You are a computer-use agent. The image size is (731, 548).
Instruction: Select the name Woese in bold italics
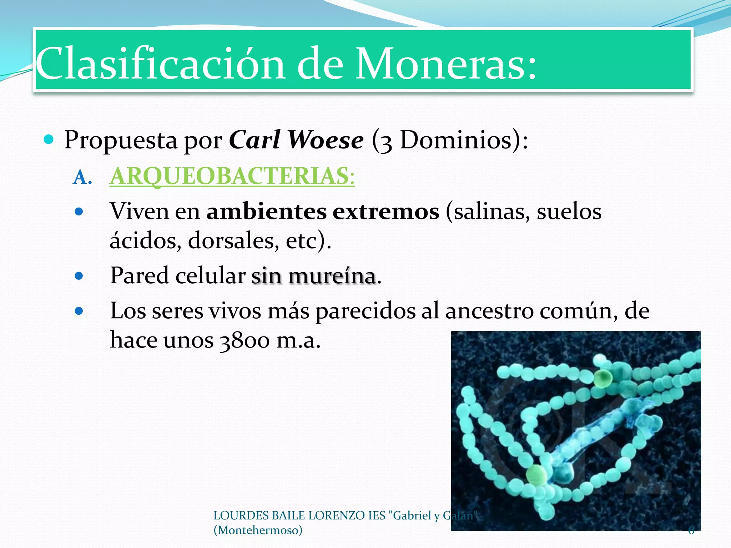[326, 140]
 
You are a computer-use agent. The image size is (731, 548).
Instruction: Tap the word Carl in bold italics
[254, 140]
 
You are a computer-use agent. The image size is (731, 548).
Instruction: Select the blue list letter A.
[82, 177]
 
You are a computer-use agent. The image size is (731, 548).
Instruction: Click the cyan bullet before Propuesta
[48, 139]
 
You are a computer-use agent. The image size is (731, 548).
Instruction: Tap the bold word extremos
[386, 212]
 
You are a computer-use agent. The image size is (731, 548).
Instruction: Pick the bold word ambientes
[266, 212]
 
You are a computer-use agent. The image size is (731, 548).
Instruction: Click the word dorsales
[233, 241]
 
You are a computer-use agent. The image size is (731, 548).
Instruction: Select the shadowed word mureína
[332, 276]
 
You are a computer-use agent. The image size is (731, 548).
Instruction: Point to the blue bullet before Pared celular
[79, 276]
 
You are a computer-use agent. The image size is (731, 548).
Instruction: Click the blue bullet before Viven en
[79, 212]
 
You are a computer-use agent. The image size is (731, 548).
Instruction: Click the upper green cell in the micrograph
[603, 378]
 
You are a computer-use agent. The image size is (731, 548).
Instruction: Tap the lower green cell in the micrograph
[536, 475]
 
